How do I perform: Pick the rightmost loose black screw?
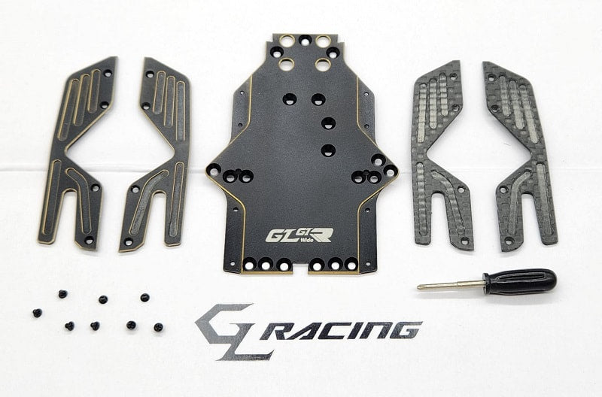coord(158,327)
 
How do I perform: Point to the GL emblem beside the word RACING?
coord(226,331)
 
